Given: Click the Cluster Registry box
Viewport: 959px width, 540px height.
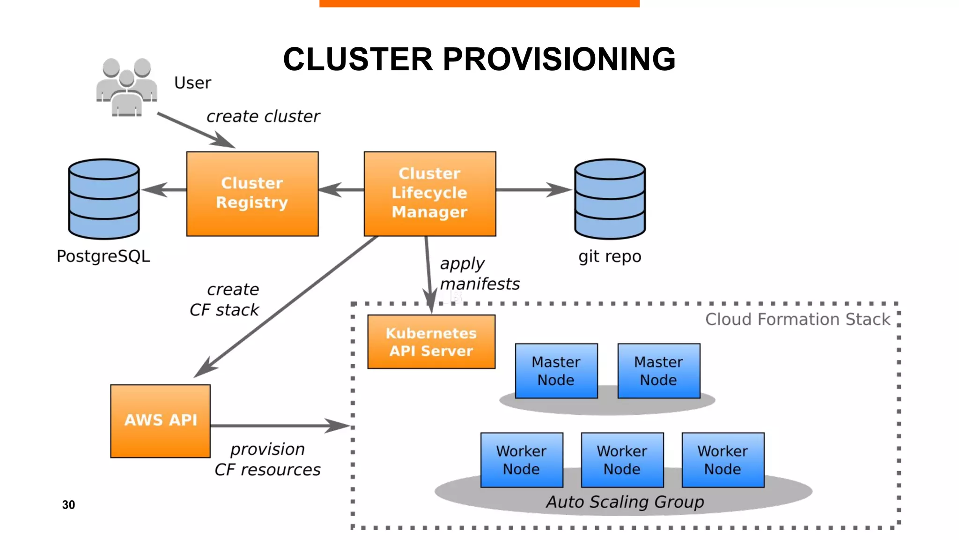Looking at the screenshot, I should point(252,193).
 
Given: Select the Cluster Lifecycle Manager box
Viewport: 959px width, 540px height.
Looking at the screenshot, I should point(429,193).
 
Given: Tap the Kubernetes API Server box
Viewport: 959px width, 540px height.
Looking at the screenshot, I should point(431,342).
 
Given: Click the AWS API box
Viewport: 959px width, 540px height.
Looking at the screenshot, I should point(160,420).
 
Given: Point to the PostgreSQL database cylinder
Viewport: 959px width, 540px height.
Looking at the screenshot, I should point(104,199).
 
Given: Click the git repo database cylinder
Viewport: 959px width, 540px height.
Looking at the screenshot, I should point(610,199).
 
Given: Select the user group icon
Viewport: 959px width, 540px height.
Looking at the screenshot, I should point(126,87).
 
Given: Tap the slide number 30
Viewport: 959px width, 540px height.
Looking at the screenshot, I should point(68,505).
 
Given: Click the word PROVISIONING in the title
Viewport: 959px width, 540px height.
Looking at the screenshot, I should point(559,60).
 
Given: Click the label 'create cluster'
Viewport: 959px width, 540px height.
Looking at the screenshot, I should point(263,116).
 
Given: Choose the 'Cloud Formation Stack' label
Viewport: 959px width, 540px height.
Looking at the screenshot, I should point(797,319).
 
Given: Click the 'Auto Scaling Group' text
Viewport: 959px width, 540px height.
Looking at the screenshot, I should point(625,502).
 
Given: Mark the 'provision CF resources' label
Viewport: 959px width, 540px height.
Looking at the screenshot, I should point(267,459).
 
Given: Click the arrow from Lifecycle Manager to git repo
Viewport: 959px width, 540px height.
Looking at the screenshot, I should point(534,190).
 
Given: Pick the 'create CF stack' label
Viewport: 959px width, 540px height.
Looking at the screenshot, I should point(225,300).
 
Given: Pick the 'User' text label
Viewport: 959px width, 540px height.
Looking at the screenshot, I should point(192,83).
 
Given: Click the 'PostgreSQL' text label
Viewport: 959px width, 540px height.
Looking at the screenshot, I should point(103,256).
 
